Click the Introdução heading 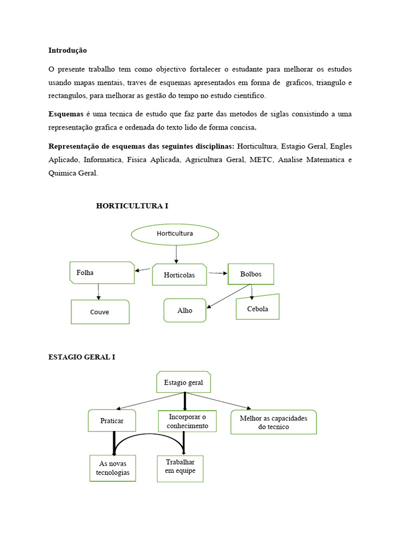[68, 51]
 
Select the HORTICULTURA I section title [132, 206]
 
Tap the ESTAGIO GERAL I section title [81, 357]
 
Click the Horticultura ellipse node [175, 234]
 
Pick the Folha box [102, 273]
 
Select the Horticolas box [179, 275]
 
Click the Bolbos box [251, 274]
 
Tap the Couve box [100, 312]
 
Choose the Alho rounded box [185, 310]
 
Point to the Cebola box [257, 308]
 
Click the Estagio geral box [184, 382]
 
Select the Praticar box [112, 421]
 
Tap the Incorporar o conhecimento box [187, 421]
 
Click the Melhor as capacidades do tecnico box [274, 422]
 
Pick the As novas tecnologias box [112, 468]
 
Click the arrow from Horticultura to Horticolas [176, 254]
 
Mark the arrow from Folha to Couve [98, 292]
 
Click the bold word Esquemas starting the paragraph [66, 114]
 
